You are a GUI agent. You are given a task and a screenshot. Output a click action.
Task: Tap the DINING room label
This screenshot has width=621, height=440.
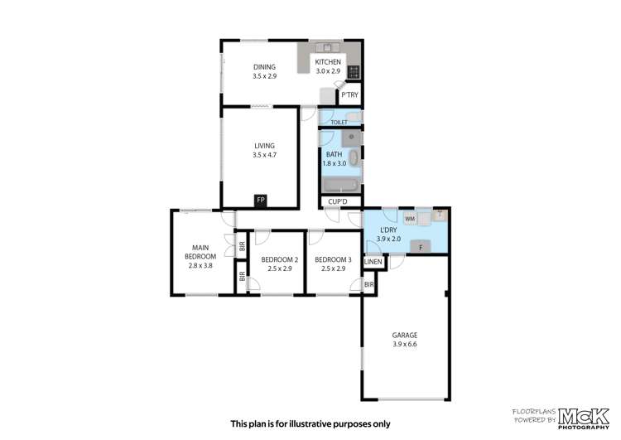264,66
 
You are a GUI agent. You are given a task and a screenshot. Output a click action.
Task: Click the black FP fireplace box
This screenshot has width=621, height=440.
260,201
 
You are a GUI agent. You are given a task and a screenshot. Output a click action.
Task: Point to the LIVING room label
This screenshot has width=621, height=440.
264,145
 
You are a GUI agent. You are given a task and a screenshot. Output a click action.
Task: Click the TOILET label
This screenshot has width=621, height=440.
339,123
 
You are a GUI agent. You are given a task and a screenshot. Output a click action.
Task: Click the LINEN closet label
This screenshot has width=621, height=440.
373,263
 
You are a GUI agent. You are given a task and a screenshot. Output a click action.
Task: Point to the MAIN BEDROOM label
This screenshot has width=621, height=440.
200,252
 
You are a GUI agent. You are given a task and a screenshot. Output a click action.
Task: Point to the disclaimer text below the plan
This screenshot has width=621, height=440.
310,423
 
